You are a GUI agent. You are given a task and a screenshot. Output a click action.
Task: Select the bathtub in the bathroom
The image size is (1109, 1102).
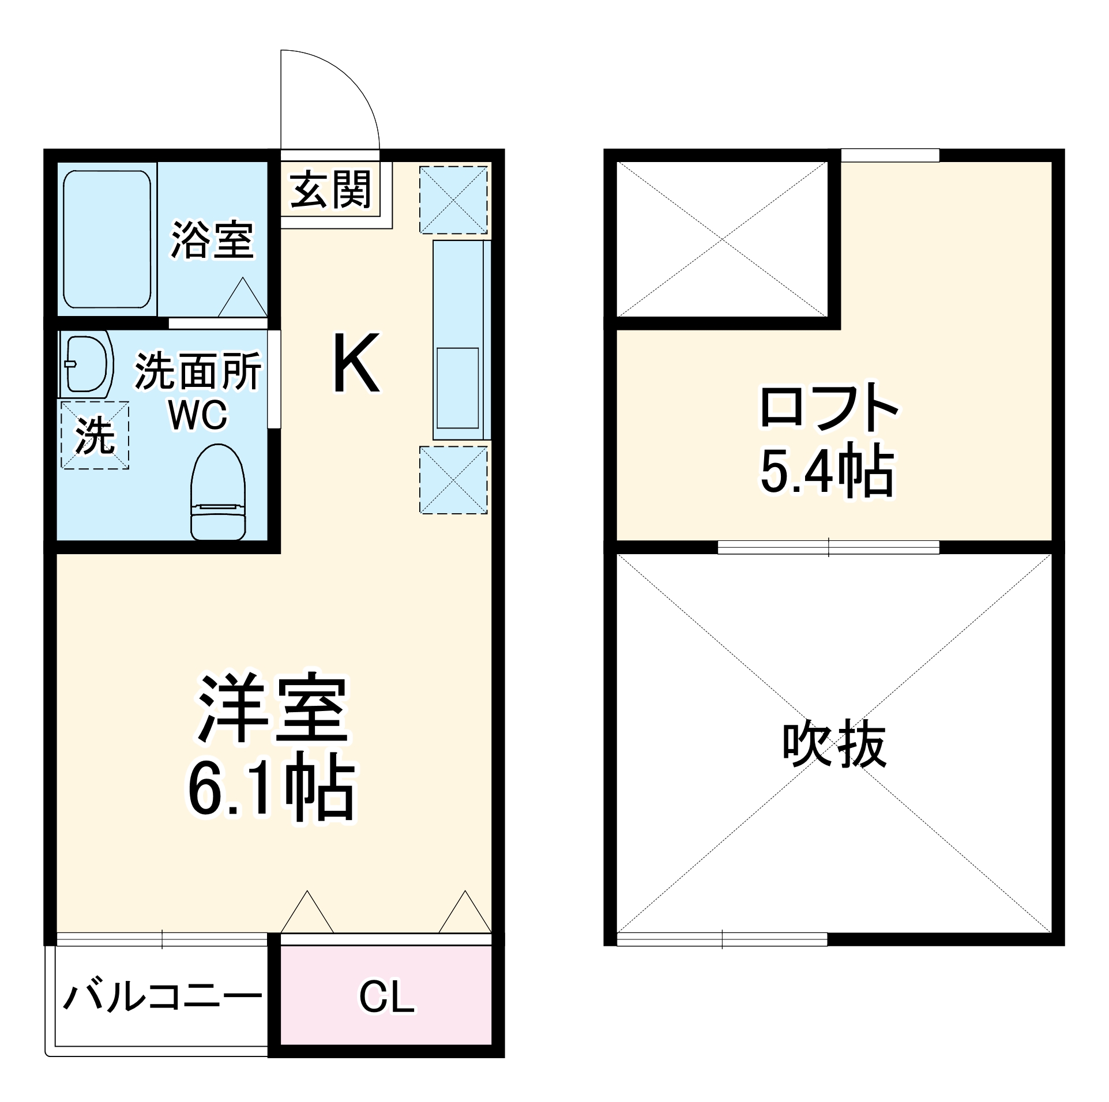click(x=107, y=239)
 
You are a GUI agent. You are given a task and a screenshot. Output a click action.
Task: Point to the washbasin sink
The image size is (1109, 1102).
click(x=87, y=364)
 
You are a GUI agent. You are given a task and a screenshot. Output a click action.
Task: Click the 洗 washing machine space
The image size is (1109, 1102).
click(x=95, y=435)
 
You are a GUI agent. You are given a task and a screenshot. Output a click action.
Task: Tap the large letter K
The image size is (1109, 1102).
click(x=356, y=363)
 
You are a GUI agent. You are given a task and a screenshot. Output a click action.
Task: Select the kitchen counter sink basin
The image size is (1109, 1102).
click(x=457, y=388)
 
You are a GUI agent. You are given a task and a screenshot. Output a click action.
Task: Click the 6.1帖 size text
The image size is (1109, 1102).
click(x=271, y=789)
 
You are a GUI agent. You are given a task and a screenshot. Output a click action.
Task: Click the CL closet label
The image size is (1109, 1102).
click(x=386, y=996)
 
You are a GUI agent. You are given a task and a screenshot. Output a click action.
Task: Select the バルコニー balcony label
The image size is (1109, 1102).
click(x=162, y=997)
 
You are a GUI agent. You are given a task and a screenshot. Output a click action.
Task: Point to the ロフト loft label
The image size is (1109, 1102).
click(x=828, y=408)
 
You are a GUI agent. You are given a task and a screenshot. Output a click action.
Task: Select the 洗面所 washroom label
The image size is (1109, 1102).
click(x=198, y=373)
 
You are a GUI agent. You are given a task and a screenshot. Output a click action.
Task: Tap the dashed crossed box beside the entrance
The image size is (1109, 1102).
click(x=454, y=200)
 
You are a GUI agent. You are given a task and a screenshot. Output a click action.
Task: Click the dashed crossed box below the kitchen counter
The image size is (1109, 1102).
click(x=454, y=480)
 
